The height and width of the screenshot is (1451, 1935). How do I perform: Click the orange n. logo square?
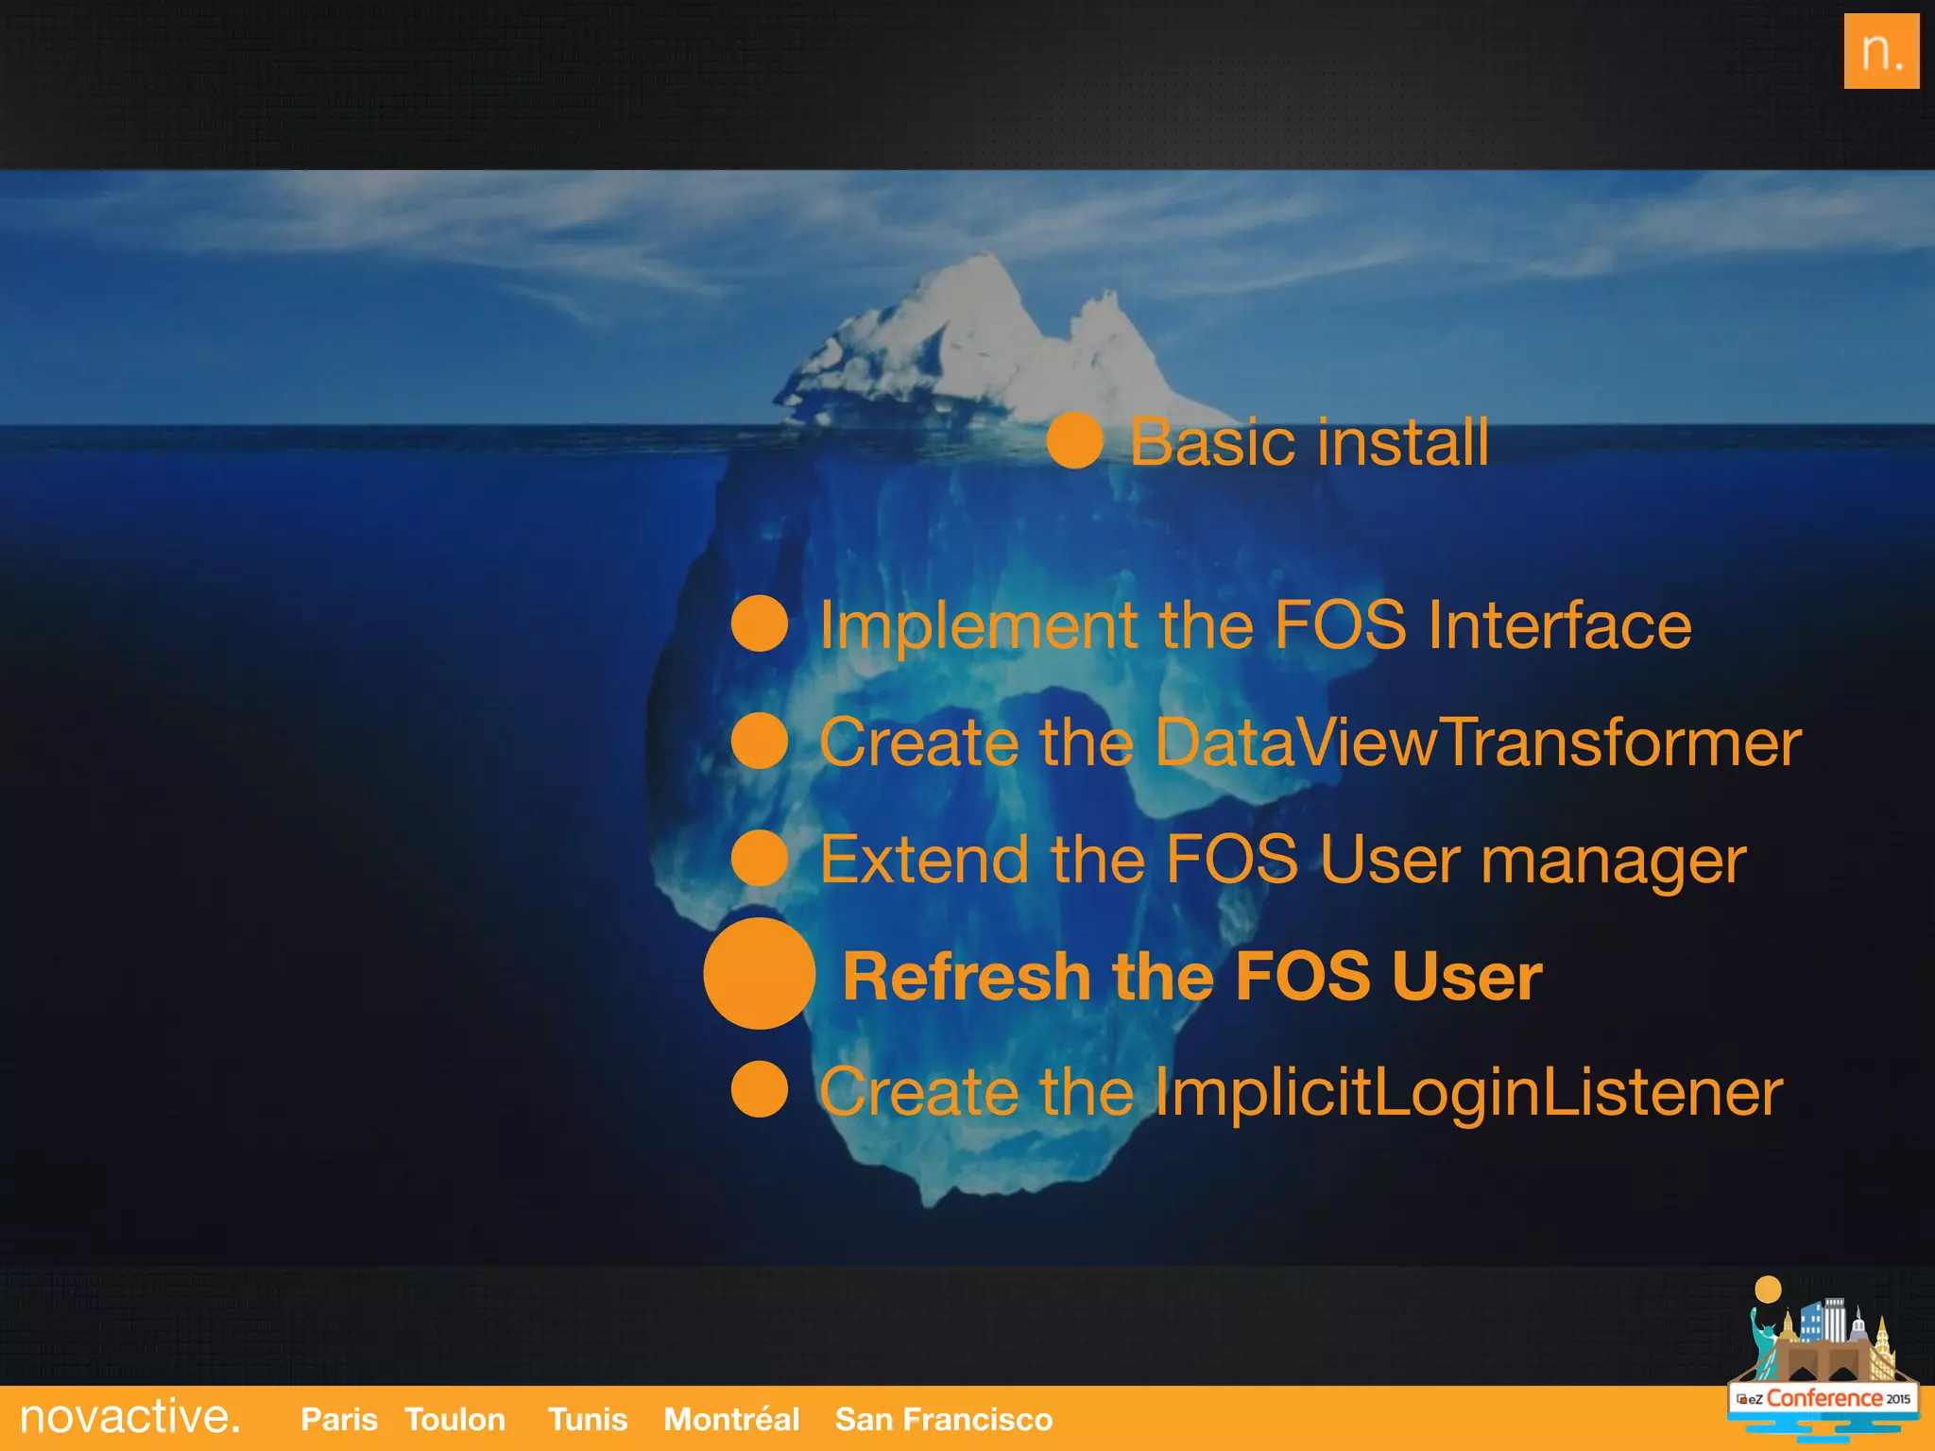(1880, 51)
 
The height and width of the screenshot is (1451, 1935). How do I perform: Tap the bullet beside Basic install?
(1074, 441)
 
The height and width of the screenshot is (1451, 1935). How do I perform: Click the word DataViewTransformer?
(1478, 743)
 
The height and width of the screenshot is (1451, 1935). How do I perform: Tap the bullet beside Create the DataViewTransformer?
(760, 741)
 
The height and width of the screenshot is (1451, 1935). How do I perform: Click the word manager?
(1613, 862)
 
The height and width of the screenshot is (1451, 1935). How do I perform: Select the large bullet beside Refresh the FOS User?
(759, 973)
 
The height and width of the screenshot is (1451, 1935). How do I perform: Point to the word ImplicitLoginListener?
(1467, 1093)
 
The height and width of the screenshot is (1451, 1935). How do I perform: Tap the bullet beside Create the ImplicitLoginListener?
(760, 1089)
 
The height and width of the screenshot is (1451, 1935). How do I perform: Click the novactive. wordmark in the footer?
(129, 1417)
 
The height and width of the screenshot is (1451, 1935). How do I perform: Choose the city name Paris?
(338, 1420)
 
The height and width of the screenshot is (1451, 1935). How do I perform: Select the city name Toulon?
(454, 1420)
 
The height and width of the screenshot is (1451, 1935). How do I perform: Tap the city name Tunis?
(587, 1420)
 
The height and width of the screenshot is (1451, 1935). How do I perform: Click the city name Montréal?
(731, 1420)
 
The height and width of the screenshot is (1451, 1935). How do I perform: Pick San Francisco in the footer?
(943, 1420)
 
